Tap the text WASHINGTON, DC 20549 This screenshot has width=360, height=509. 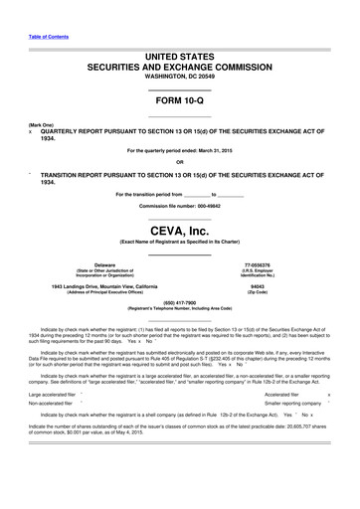pyautogui.click(x=179, y=77)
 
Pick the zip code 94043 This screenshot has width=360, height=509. pyautogui.click(x=271, y=287)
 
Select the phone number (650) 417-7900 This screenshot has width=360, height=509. pyautogui.click(x=179, y=308)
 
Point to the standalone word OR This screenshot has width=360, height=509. pyautogui.click(x=179, y=163)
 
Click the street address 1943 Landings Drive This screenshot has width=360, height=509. pyautogui.click(x=79, y=287)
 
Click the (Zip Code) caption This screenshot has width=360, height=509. pyautogui.click(x=271, y=293)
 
